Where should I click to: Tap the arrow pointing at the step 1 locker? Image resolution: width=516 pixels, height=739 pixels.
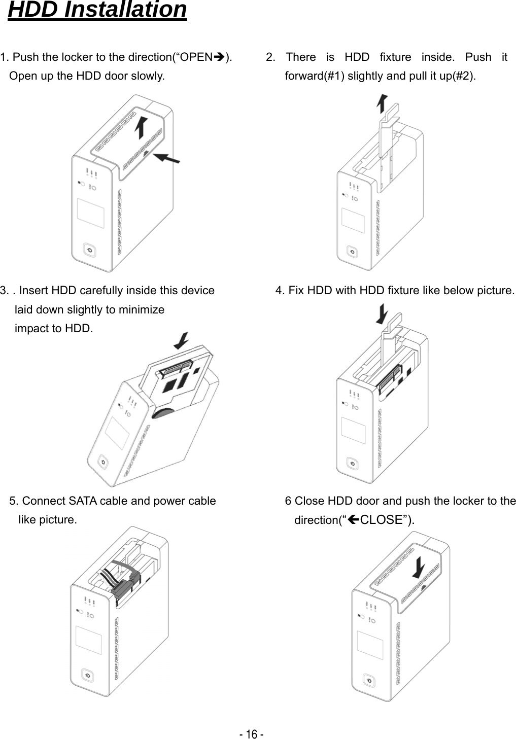pyautogui.click(x=167, y=158)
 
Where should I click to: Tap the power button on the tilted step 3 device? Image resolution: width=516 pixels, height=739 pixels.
pyautogui.click(x=103, y=462)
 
